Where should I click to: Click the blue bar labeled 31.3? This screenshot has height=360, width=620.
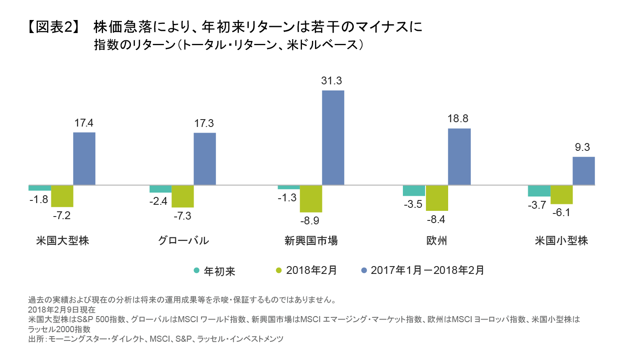coord(333,138)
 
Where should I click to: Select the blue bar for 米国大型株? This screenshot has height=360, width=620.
coord(84,159)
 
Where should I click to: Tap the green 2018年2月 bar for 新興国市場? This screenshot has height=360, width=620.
coord(311,198)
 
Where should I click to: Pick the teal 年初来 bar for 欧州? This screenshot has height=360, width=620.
coord(414,190)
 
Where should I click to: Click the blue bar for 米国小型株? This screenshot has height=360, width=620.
coord(583,171)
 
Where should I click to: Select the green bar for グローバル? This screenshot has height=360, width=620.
coord(182,196)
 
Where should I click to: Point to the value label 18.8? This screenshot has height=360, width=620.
coord(459,119)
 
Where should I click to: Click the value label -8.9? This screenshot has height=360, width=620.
coord(311,221)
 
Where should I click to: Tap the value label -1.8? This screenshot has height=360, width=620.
coord(38,200)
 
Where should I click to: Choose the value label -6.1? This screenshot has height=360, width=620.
coord(561,213)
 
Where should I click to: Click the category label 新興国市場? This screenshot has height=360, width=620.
coord(311,240)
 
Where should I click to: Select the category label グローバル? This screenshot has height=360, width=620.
coord(183,240)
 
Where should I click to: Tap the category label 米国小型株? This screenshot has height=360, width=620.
coord(561,240)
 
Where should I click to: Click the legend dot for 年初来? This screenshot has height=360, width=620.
coord(196,270)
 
